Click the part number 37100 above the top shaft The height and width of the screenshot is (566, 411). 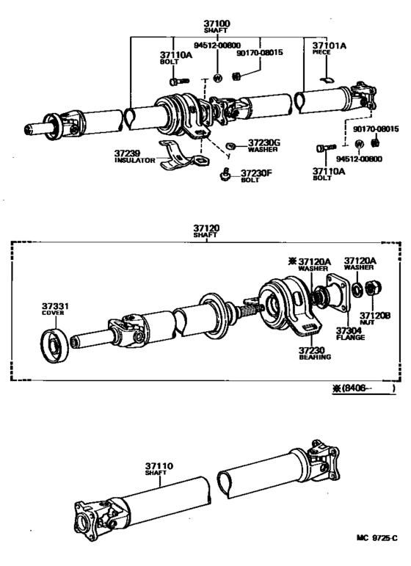(x=219, y=23)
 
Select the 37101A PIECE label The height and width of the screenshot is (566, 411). (x=330, y=49)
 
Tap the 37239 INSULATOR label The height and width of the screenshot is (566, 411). (x=135, y=156)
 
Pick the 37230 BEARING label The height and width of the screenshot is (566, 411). (x=315, y=353)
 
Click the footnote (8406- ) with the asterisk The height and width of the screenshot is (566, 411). (x=363, y=390)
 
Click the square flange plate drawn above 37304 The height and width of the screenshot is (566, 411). (x=338, y=294)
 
